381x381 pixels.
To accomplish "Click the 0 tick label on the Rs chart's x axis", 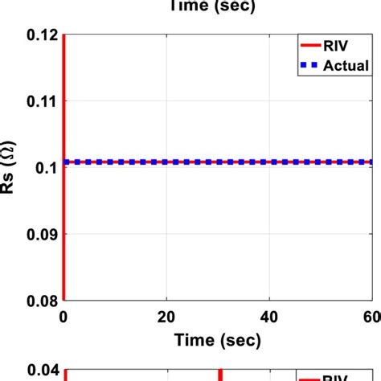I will (x=63, y=316).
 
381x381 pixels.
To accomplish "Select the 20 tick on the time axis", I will (x=166, y=316).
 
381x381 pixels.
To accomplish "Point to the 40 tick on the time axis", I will (x=269, y=316).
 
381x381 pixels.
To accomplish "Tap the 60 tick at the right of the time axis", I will (x=371, y=316).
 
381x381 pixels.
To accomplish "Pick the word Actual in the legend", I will (x=346, y=65).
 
